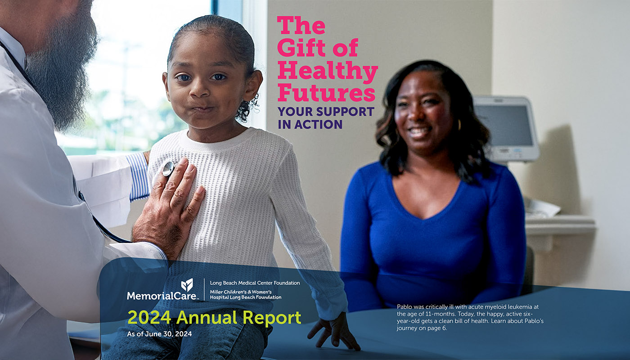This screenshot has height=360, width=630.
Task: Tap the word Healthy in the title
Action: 327,71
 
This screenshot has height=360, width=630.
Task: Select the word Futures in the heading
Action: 326,93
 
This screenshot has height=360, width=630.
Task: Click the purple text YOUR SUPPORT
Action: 326,111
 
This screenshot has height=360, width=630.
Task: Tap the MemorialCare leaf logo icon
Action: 187,284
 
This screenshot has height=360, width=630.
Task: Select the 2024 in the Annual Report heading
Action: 149,318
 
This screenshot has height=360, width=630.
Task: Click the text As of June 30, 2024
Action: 159,334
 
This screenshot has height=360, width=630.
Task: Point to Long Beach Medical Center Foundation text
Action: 255,283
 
